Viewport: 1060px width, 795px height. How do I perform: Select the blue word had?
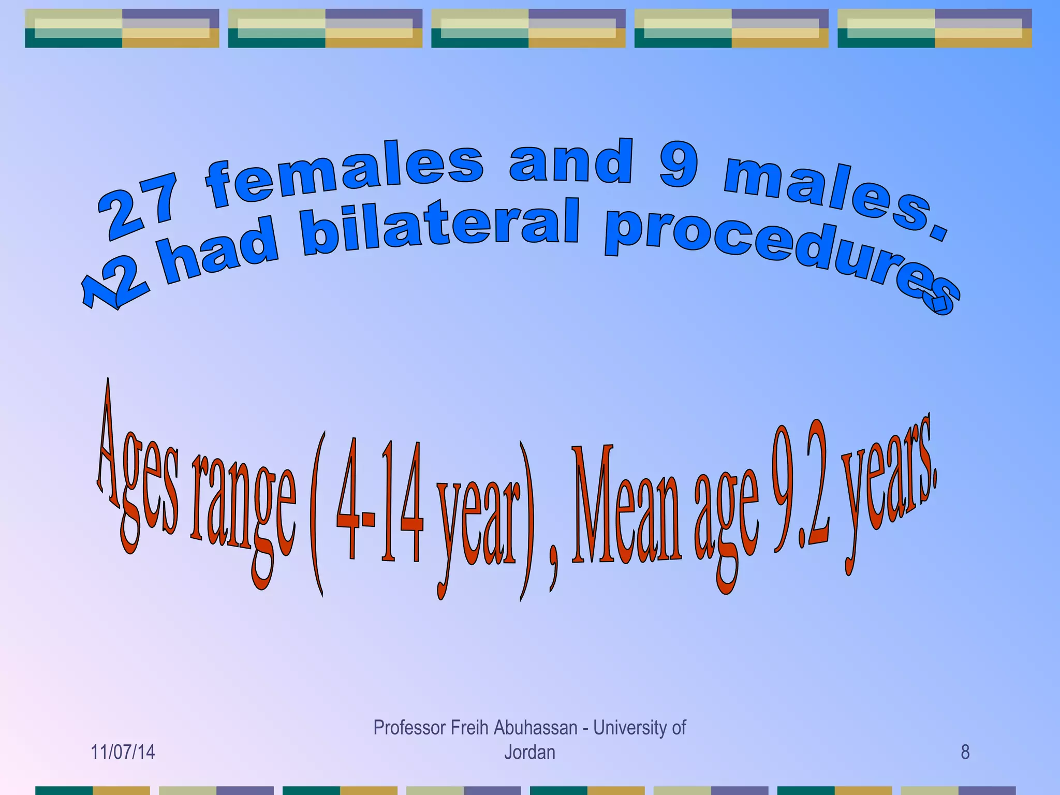tap(220, 254)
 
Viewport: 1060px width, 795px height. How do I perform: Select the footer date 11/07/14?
tap(123, 752)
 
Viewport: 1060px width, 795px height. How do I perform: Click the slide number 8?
tap(965, 752)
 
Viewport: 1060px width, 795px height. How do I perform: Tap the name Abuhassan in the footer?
tap(536, 728)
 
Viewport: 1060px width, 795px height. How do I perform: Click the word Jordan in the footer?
tap(529, 752)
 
